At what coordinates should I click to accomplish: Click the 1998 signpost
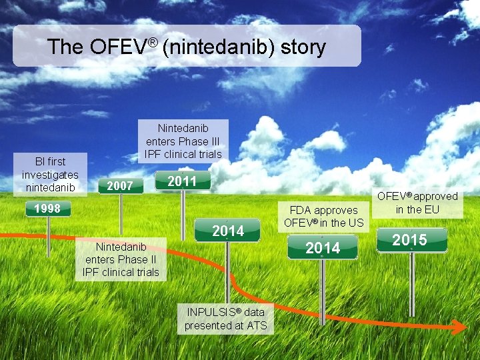(x=48, y=209)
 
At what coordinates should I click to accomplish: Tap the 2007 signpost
(x=120, y=186)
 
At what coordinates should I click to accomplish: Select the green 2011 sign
(x=182, y=181)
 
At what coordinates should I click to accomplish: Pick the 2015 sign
(x=411, y=240)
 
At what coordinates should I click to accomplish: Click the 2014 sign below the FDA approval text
(x=322, y=248)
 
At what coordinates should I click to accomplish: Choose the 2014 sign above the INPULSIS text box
(x=227, y=231)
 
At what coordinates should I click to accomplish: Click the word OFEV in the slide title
(x=117, y=47)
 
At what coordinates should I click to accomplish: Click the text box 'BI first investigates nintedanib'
(x=50, y=174)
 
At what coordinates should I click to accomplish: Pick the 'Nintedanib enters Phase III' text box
(x=183, y=141)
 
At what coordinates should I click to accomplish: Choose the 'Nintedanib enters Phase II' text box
(x=121, y=259)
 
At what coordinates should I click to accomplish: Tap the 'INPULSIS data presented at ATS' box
(x=225, y=319)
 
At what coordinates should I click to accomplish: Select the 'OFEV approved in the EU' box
(x=417, y=202)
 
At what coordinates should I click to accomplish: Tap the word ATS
(x=256, y=325)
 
